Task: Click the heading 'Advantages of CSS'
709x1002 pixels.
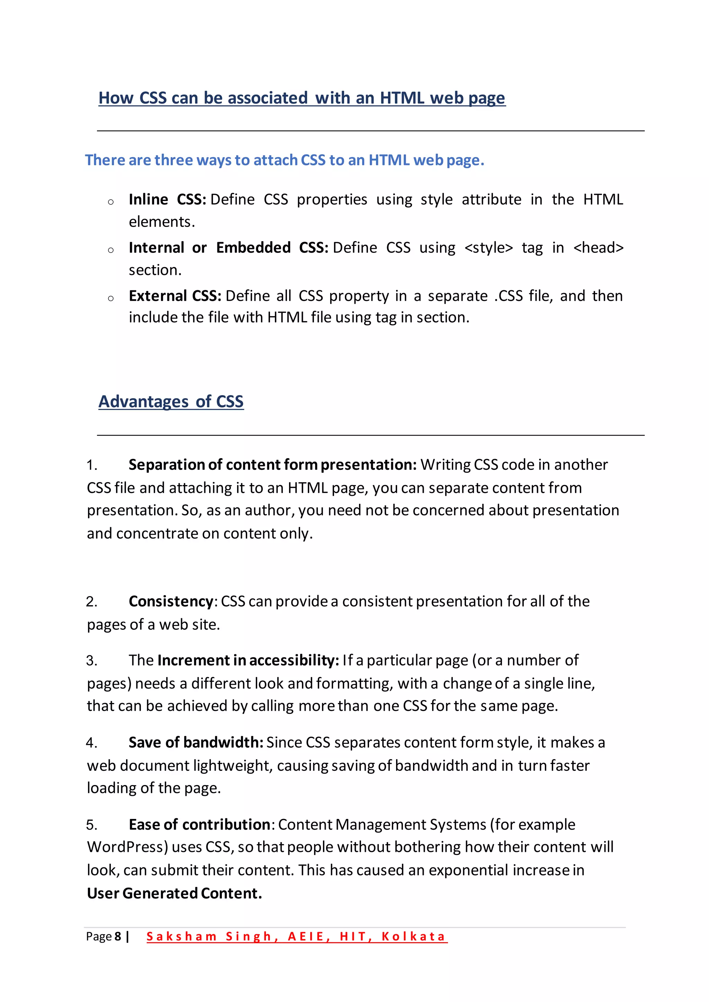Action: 171,401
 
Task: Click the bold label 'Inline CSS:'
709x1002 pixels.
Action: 167,199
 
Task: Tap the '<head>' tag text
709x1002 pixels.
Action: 598,248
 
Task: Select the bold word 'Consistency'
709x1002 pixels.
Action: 171,601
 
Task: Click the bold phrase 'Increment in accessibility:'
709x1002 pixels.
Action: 248,660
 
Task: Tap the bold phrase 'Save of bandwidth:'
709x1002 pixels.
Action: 196,743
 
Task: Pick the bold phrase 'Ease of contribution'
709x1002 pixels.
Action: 199,825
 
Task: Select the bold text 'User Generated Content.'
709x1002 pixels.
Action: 174,893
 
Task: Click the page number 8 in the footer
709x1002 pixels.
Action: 117,937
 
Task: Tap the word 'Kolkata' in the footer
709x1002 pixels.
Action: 413,937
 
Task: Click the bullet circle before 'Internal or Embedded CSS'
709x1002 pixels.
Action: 111,250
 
